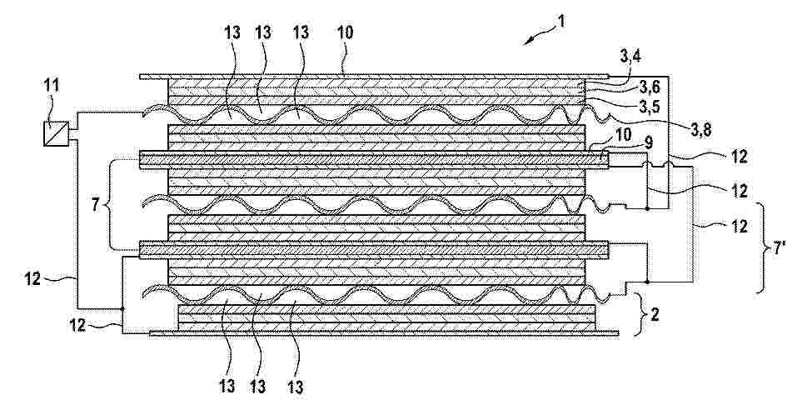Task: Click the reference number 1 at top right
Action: coord(561,22)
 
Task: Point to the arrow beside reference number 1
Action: coord(536,37)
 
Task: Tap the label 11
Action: coord(52,86)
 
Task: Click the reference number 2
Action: coord(655,315)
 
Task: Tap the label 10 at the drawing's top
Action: coord(345,32)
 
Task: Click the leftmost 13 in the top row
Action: coord(233,32)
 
